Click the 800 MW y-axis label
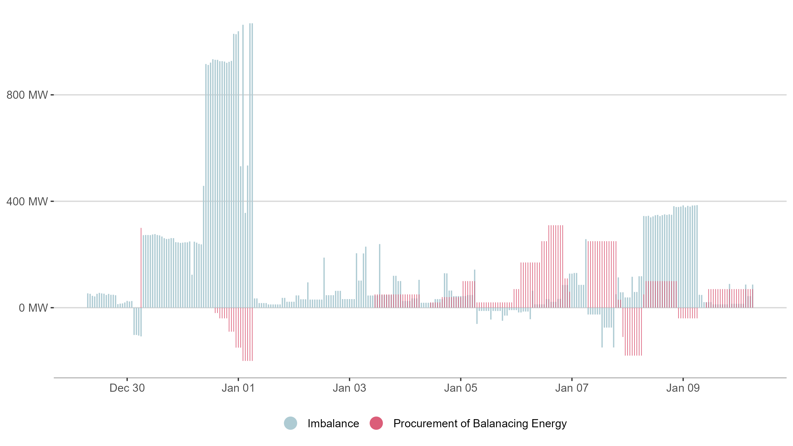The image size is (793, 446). coord(27,95)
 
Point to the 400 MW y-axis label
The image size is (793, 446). coord(27,202)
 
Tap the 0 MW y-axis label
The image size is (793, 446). coord(33,308)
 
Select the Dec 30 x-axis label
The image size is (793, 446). coord(127,388)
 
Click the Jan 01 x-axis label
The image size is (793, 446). coord(238,388)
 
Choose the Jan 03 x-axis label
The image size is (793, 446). coord(349,388)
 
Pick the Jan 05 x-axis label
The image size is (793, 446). coord(461,388)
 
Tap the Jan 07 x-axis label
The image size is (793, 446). coord(572,388)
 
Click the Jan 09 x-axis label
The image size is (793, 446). coord(683,388)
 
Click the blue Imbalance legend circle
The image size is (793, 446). coord(290,423)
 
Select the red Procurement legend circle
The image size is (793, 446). coord(376,423)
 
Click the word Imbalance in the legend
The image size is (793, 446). coord(333,424)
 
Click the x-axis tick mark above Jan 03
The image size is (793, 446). coord(349,379)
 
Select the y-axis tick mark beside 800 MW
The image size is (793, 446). coord(52,95)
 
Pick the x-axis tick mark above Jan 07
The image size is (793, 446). coord(572,379)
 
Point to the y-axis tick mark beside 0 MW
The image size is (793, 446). coord(52,307)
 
